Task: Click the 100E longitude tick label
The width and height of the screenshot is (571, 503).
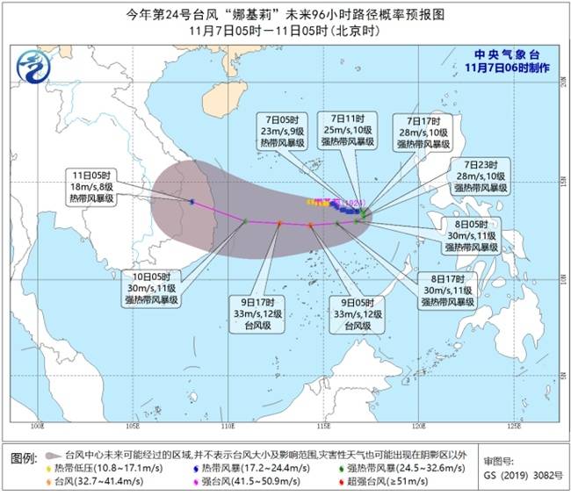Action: (x=37, y=427)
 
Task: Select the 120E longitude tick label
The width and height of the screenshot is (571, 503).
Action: (x=420, y=427)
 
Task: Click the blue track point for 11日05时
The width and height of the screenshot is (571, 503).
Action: (x=192, y=202)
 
